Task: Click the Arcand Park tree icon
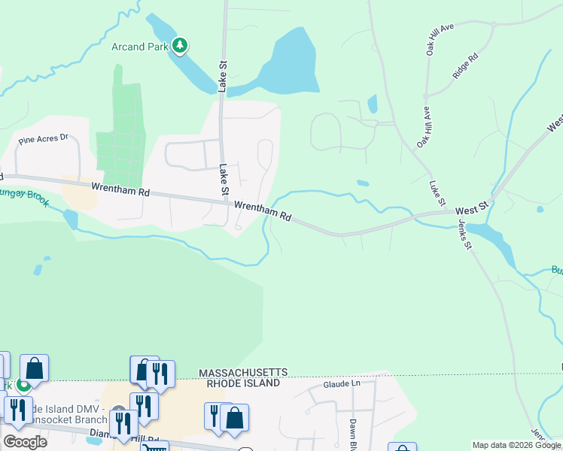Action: coord(179,47)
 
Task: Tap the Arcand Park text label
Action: coord(140,47)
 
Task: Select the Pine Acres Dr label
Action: coord(43,138)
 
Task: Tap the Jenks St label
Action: coord(464,235)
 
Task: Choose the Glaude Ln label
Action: coord(342,383)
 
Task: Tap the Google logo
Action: coord(25,442)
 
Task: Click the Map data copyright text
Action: coord(517,445)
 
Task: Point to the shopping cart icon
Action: coord(155,447)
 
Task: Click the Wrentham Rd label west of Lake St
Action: coord(120,189)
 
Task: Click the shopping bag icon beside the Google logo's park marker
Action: coord(34,368)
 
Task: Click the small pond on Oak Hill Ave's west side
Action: coord(372,103)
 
